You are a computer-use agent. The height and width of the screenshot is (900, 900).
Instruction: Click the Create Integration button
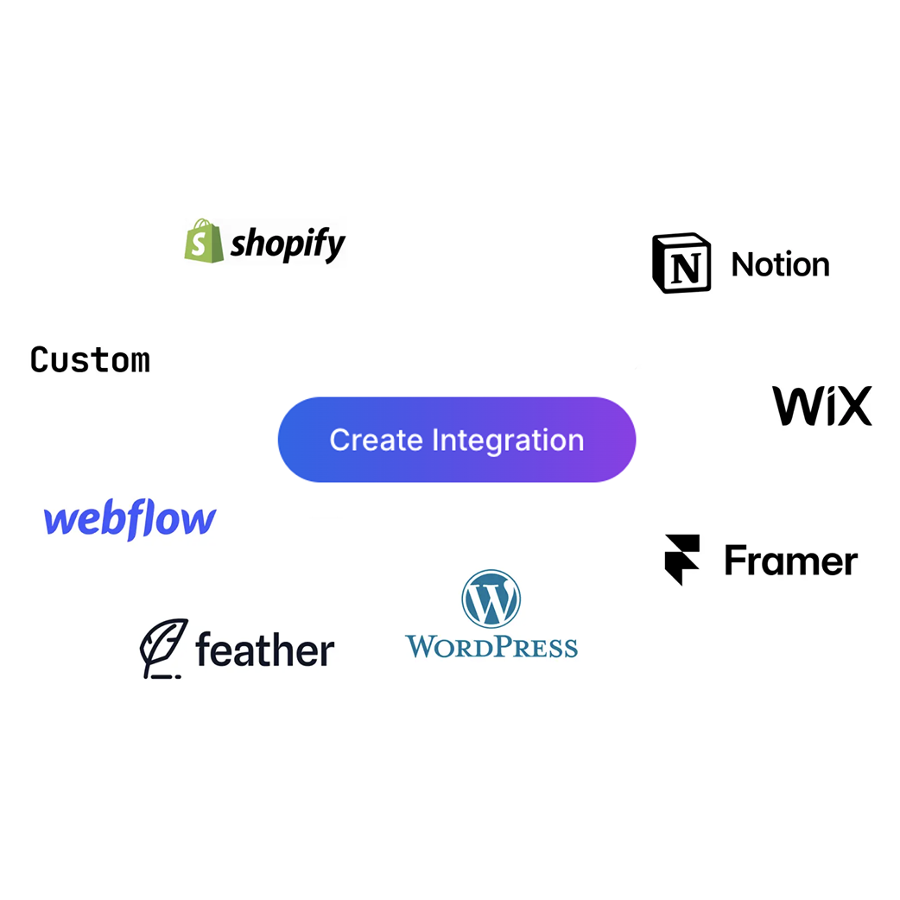click(456, 440)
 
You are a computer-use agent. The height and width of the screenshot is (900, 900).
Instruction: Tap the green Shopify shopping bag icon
click(204, 240)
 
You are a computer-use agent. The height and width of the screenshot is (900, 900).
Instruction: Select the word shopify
click(288, 244)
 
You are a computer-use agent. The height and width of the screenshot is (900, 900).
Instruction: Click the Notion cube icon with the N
click(681, 263)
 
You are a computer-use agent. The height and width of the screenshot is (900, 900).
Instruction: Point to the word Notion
click(780, 264)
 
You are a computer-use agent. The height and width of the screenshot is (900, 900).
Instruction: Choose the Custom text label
click(90, 359)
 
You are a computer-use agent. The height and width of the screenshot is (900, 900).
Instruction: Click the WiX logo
click(821, 406)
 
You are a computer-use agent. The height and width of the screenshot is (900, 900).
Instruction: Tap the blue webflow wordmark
click(130, 520)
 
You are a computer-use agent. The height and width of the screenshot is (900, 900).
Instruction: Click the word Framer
click(790, 561)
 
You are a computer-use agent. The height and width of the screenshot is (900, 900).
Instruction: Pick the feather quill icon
click(163, 648)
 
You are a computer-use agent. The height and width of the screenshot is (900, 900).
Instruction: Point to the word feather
click(264, 650)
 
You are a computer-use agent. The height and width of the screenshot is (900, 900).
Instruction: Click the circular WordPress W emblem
click(491, 599)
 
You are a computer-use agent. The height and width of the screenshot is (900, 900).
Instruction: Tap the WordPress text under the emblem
click(491, 646)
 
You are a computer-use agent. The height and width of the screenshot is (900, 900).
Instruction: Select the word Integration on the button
click(508, 440)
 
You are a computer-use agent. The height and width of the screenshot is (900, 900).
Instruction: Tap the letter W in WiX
click(792, 406)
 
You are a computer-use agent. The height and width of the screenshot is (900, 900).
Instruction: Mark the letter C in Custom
click(39, 359)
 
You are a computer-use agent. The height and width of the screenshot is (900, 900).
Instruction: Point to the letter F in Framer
click(734, 561)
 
